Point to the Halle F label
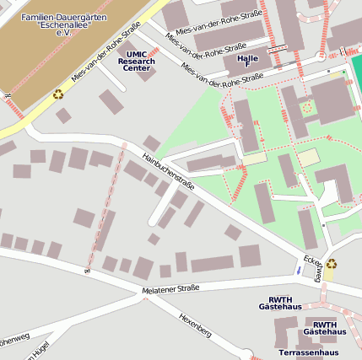tap(248, 60)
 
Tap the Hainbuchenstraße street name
tap(169, 170)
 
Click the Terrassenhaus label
tap(308, 352)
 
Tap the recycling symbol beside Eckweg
tap(332, 264)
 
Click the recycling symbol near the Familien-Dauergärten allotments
tap(58, 94)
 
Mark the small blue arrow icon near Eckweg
tap(297, 270)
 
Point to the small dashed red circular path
tap(306, 107)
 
